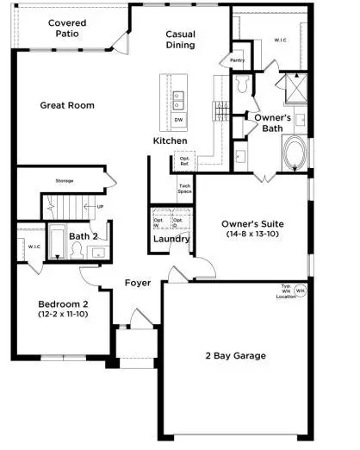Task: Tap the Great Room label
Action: coord(67,105)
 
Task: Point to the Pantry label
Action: coord(238,60)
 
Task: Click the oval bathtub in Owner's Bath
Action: coord(295,153)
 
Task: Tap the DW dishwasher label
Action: coord(177,120)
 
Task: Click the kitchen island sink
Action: coord(178,98)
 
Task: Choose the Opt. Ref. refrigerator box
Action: coord(184,161)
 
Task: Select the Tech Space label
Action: coord(184,190)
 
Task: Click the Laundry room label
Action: coord(171,239)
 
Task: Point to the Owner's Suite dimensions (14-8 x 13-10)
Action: coord(251,234)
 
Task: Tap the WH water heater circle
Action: coord(300,291)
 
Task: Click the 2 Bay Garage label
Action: coord(234,355)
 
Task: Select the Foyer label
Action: coord(138,283)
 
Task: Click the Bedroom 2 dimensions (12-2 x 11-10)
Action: coord(62,316)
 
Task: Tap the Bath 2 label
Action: coord(83,235)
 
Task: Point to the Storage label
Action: coord(65,181)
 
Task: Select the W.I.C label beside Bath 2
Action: coord(34,246)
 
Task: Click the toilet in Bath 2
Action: coord(76,251)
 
